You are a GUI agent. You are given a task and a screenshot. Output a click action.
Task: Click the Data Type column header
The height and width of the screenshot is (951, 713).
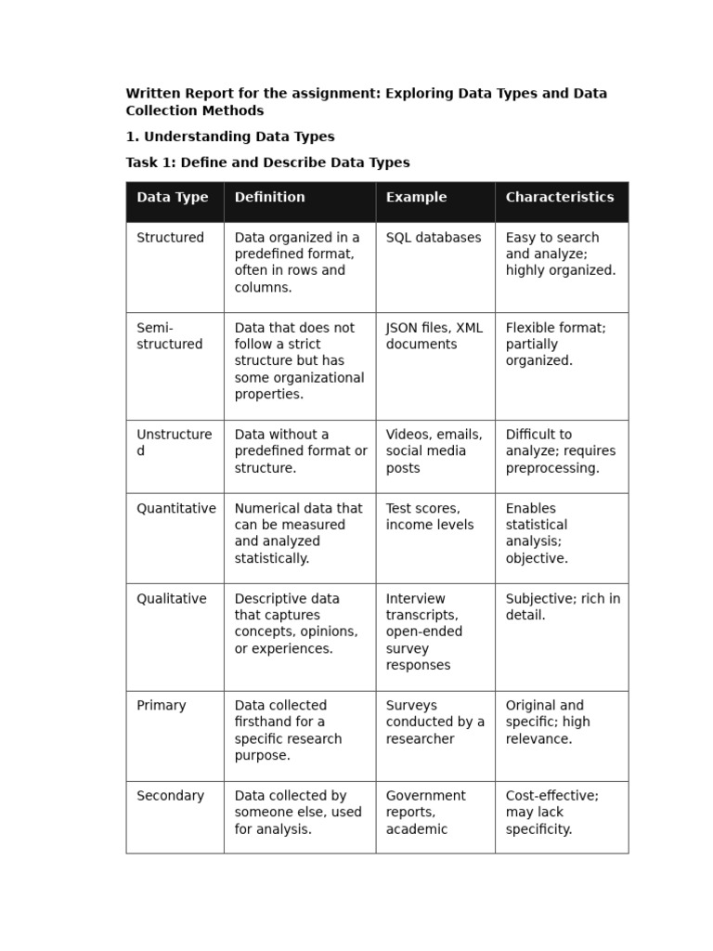[x=173, y=197]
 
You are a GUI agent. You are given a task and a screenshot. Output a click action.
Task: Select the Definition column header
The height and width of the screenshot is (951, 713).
[x=269, y=197]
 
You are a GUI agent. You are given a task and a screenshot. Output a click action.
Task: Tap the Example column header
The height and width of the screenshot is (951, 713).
[x=416, y=197]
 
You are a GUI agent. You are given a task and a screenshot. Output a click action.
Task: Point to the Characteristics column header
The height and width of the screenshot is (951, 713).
[x=559, y=197]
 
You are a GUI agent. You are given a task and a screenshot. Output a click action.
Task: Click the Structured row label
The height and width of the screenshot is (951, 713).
[x=170, y=238]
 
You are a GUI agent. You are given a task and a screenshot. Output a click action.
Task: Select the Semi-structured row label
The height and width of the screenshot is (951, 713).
[x=169, y=336]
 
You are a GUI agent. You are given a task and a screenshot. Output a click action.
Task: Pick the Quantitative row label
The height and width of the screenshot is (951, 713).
[x=175, y=509]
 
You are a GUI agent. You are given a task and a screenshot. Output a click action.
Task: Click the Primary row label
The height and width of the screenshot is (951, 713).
[x=161, y=706]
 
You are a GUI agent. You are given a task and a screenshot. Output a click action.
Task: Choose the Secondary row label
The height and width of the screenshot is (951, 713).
[x=170, y=796]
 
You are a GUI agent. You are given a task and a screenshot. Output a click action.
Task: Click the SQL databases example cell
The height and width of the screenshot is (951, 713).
[x=434, y=238]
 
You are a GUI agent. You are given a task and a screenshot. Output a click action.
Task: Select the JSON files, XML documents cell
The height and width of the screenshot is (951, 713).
[x=434, y=336]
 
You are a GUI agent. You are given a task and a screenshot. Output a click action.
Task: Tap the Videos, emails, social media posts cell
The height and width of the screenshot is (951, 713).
[x=434, y=451]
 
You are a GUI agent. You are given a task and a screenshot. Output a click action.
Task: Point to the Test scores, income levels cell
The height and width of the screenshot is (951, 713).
[x=429, y=516]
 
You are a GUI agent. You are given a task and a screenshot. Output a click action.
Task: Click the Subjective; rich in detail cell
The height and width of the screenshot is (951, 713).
[x=563, y=607]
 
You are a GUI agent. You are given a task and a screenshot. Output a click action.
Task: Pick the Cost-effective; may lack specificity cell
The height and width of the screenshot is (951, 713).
[x=551, y=813]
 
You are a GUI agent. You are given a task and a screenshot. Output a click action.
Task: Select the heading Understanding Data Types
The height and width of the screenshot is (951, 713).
[x=230, y=137]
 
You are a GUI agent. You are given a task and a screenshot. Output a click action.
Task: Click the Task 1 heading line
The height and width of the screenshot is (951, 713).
[x=267, y=163]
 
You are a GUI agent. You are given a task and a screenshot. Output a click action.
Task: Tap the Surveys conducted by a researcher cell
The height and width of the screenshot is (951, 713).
[x=434, y=723]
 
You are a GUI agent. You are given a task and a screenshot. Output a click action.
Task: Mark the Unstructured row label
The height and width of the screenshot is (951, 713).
[x=174, y=443]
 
